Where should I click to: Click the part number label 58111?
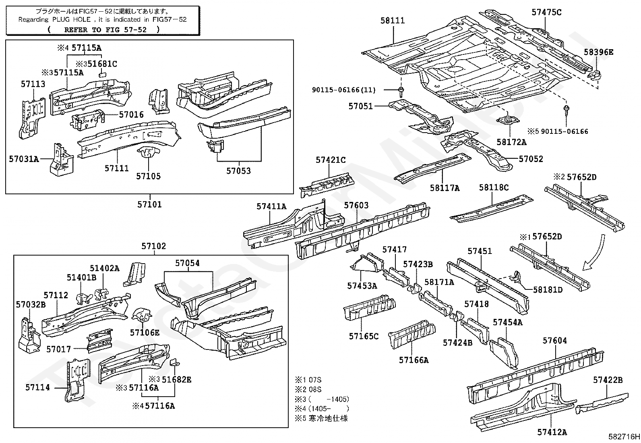[393, 20]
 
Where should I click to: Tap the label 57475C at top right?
[546, 12]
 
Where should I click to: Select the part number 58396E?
[599, 52]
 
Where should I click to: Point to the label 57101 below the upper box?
[149, 204]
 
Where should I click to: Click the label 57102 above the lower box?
[153, 246]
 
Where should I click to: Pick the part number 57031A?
[24, 159]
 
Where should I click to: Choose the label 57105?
[148, 176]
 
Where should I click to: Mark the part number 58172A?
[511, 142]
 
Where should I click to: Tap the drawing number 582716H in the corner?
[624, 437]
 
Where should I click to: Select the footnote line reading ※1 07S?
[308, 380]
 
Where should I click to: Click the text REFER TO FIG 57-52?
[103, 29]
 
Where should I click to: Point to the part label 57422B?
[608, 380]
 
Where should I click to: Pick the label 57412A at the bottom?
[552, 432]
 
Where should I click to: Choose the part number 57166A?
[414, 360]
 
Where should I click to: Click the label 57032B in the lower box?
[31, 304]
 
